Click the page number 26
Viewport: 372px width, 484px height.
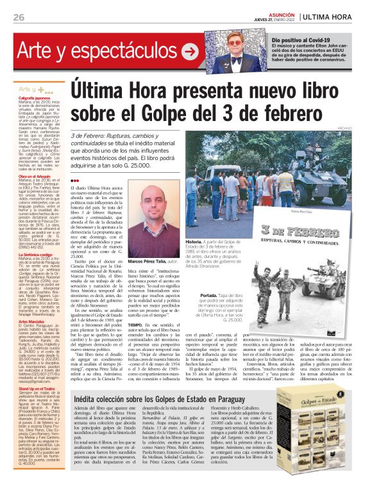(18, 17)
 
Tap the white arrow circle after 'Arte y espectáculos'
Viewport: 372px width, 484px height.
(190, 49)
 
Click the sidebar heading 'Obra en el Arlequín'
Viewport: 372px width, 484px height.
(36, 176)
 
